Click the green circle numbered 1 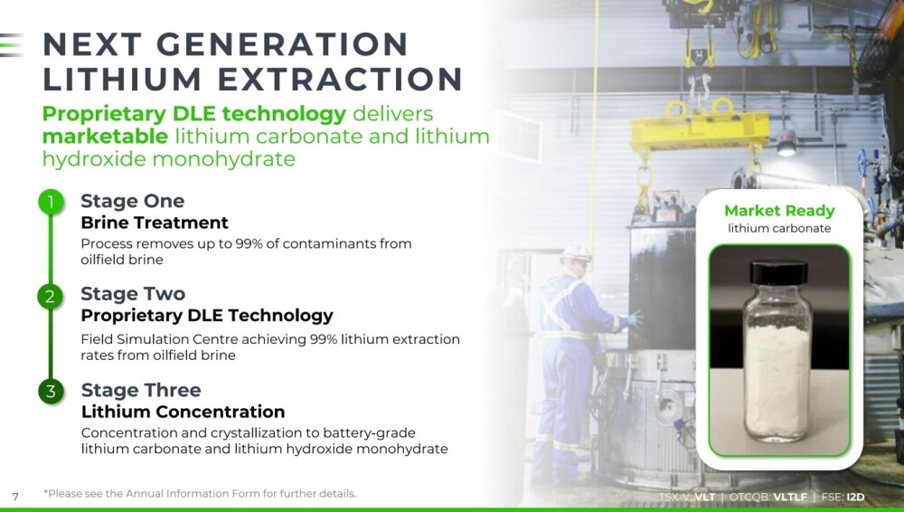pos(51,202)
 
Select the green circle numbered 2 pos(51,296)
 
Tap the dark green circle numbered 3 pos(51,391)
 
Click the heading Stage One pos(133,201)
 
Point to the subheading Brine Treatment pos(155,223)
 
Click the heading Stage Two pos(133,294)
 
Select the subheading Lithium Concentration pos(183,412)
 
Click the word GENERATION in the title pos(282,44)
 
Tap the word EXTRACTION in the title pos(340,79)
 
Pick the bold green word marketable pos(105,137)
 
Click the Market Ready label pos(779,211)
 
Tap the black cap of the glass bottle pos(779,272)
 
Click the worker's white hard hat pos(577,252)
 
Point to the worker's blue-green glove pos(635,318)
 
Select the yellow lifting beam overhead pos(700,130)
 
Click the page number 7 pos(15,497)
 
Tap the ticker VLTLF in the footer pos(790,497)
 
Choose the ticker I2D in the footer pos(855,497)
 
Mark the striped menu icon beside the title pos(12,45)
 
